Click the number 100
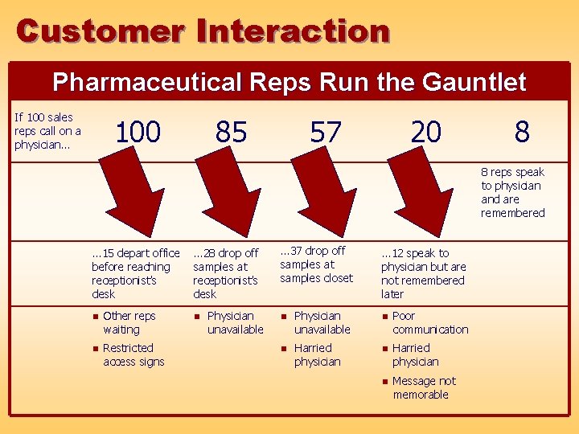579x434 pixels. pyautogui.click(x=138, y=132)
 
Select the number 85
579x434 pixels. pyautogui.click(x=231, y=132)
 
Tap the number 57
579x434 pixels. pyautogui.click(x=325, y=132)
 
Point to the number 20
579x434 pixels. pyautogui.click(x=425, y=132)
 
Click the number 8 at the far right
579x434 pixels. pyautogui.click(x=522, y=132)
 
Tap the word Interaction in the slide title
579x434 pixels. pyautogui.click(x=294, y=31)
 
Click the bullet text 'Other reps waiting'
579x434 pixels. pyautogui.click(x=129, y=322)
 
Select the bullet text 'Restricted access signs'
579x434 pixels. pyautogui.click(x=133, y=354)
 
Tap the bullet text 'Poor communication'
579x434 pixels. pyautogui.click(x=429, y=322)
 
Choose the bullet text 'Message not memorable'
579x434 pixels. pyautogui.click(x=424, y=387)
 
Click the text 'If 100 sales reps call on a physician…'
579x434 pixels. pyautogui.click(x=47, y=131)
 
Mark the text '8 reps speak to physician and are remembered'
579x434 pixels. pyautogui.click(x=512, y=192)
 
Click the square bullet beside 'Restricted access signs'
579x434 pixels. pyautogui.click(x=95, y=349)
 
